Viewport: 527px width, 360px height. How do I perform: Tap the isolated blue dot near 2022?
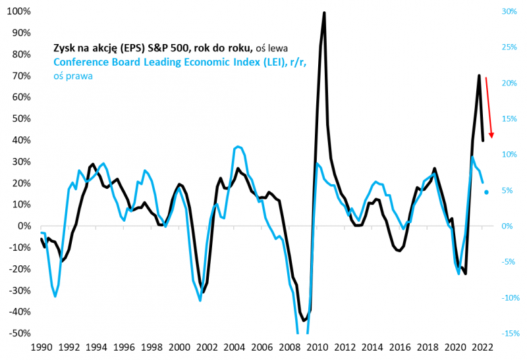click(x=487, y=192)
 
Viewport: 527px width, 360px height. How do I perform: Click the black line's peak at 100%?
click(x=324, y=13)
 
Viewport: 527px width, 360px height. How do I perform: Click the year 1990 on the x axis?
click(x=41, y=347)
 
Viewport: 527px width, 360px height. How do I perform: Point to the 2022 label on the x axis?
click(x=481, y=347)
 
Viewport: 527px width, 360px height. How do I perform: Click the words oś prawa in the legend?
click(x=72, y=76)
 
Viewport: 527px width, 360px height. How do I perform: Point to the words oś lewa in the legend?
click(x=272, y=48)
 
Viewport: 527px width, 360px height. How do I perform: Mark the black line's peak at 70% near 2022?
click(x=479, y=76)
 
